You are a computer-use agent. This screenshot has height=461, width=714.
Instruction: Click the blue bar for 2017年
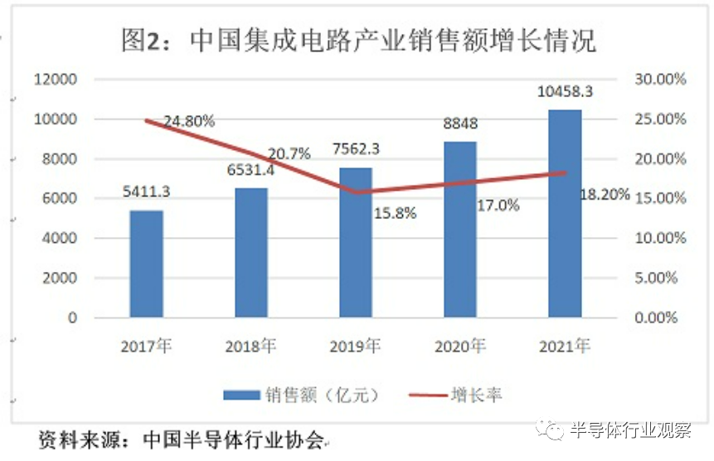point(146,264)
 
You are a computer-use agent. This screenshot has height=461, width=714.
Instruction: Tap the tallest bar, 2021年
point(565,213)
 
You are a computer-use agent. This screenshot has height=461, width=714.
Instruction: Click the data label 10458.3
point(564,90)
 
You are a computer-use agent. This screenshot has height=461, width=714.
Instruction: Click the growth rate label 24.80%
point(188,121)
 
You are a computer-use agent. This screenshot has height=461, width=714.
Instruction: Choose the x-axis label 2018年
point(251,347)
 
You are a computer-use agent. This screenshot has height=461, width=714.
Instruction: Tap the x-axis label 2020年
point(460,347)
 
